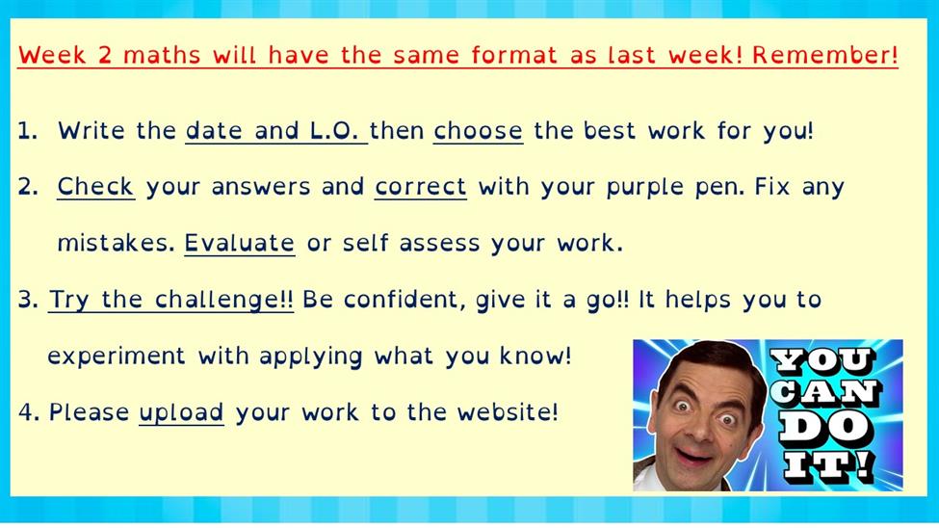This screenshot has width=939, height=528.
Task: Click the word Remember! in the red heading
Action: click(825, 55)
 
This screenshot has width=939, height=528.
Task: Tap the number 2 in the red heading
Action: click(104, 55)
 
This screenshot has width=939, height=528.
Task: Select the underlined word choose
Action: click(478, 131)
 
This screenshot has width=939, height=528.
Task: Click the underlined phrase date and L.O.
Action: click(275, 131)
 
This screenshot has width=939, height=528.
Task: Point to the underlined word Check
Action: click(95, 186)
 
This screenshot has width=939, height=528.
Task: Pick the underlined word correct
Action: click(421, 186)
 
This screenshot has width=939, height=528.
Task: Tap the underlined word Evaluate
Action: click(239, 243)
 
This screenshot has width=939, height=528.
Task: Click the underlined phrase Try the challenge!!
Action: click(170, 300)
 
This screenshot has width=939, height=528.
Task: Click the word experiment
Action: click(117, 356)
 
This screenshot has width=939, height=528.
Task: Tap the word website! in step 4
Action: click(508, 412)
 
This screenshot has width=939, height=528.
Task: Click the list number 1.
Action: click(28, 131)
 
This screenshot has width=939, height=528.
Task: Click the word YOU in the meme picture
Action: click(822, 360)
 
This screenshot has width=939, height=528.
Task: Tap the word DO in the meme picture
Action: click(823, 427)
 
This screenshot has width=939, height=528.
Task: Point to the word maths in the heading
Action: click(162, 55)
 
